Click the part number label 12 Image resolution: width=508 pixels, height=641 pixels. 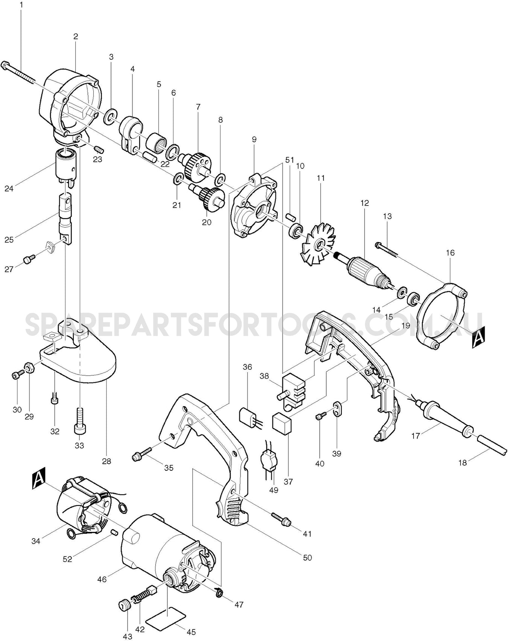pyautogui.click(x=364, y=203)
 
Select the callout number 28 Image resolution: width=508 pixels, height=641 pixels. pyautogui.click(x=106, y=461)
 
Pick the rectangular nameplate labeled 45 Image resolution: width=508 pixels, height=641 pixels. pyautogui.click(x=166, y=616)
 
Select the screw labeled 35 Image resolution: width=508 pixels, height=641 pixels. pyautogui.click(x=141, y=454)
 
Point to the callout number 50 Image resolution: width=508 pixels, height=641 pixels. pyautogui.click(x=307, y=557)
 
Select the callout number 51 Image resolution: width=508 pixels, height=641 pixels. pyautogui.click(x=290, y=160)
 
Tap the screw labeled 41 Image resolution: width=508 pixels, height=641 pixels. pyautogui.click(x=280, y=518)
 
